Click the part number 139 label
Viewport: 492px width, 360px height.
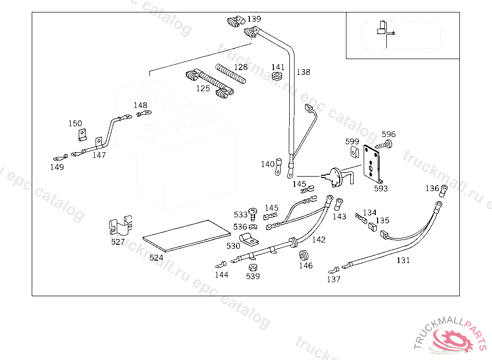click(254, 19)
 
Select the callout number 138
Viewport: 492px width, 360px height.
click(303, 72)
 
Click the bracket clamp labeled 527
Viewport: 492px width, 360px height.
click(120, 226)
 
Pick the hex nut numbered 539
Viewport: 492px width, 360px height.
click(253, 267)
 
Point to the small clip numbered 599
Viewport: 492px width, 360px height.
click(354, 152)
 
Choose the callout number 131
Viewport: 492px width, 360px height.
click(403, 260)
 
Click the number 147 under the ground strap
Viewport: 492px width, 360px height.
click(99, 155)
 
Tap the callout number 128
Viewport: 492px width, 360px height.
click(241, 67)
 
